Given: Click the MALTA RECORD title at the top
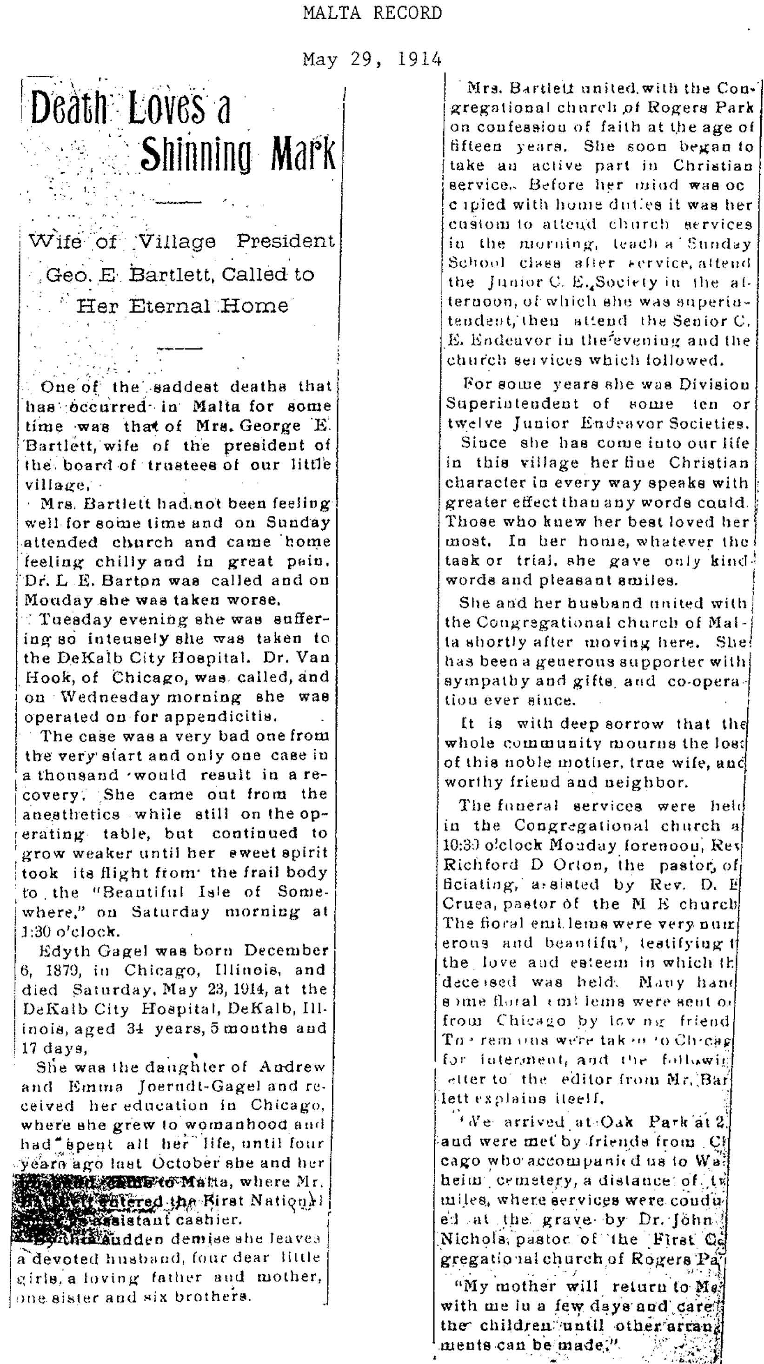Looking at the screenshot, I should (372, 13).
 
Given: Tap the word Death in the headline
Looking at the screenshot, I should (68, 107).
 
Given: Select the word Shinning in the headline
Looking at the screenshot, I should (195, 153).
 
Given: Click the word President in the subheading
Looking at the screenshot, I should (285, 242).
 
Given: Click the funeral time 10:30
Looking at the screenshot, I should (460, 846).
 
